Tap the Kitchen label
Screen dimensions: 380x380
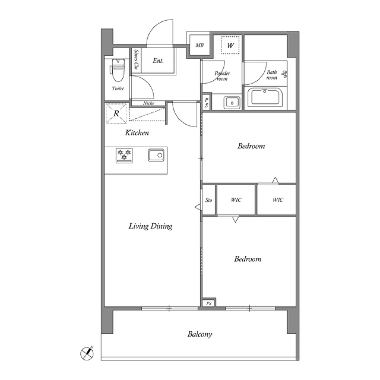(137, 133)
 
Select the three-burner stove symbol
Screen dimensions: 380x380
(124, 155)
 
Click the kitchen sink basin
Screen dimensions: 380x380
(156, 155)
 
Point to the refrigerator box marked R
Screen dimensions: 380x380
(116, 114)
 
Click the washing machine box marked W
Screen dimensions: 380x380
(230, 45)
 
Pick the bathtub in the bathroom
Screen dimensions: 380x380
(265, 97)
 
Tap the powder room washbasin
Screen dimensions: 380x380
(232, 103)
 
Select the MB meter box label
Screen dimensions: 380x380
(199, 45)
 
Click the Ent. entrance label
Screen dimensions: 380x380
(158, 61)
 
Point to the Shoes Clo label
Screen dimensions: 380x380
(137, 59)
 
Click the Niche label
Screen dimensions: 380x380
(148, 103)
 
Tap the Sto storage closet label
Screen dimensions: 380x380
(209, 200)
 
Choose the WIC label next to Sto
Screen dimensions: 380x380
(236, 199)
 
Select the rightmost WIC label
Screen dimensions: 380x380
(278, 199)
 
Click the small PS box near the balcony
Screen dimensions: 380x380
(209, 304)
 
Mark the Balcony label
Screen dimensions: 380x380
(199, 334)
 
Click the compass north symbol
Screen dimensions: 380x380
(87, 353)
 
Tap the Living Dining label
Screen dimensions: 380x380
(150, 226)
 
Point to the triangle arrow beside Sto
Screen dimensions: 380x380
(198, 207)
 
